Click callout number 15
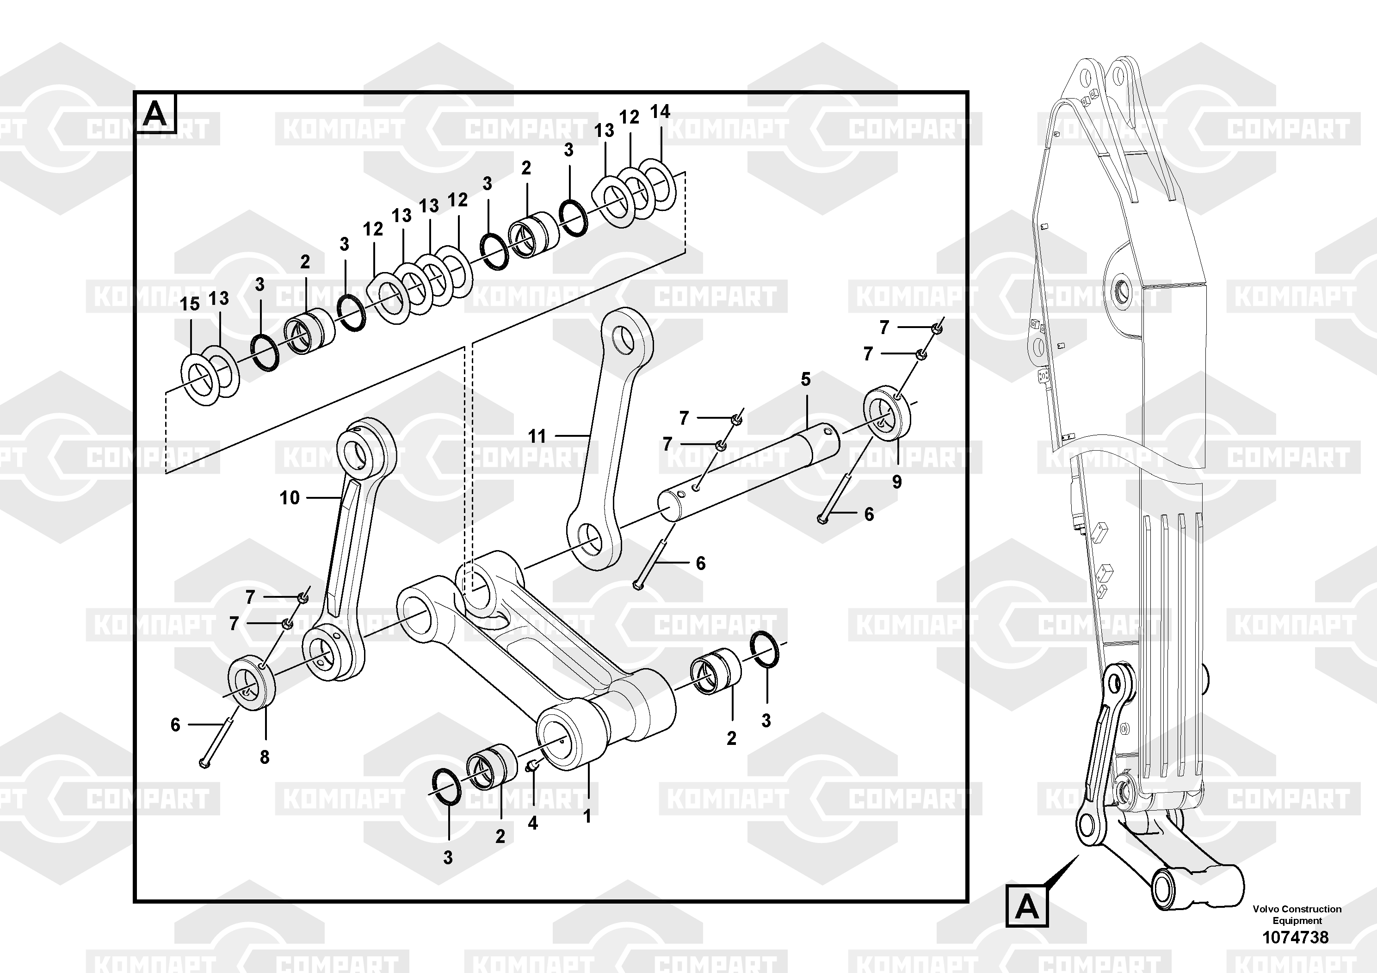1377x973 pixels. pyautogui.click(x=190, y=304)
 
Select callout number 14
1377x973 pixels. pyautogui.click(x=660, y=112)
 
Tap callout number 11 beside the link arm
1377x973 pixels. pyautogui.click(x=537, y=436)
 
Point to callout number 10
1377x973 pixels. pyautogui.click(x=289, y=497)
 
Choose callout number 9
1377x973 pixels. pyautogui.click(x=896, y=482)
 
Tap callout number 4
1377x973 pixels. pyautogui.click(x=532, y=823)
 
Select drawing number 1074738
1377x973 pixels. pyautogui.click(x=1296, y=937)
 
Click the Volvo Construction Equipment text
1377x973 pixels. pyautogui.click(x=1297, y=915)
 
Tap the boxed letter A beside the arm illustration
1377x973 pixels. pyautogui.click(x=1027, y=906)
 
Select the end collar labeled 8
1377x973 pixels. pyautogui.click(x=252, y=683)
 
